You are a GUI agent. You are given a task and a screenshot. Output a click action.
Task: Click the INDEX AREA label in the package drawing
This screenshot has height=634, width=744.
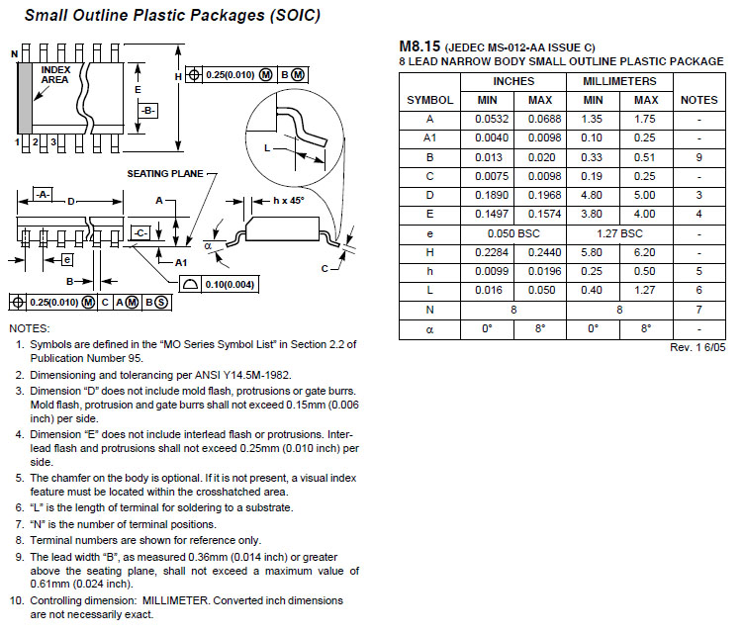coord(55,75)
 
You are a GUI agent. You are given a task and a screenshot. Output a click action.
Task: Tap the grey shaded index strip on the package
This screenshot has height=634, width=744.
coord(25,98)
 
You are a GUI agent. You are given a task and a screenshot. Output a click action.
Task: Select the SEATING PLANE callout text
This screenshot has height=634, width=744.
coord(165,174)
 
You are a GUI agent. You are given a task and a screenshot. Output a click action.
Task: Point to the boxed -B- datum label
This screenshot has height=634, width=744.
coord(148,111)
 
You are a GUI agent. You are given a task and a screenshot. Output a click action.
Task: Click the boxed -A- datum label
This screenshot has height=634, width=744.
coord(44,195)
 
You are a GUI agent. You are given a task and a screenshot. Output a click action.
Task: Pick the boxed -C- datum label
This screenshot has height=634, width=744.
coord(139,233)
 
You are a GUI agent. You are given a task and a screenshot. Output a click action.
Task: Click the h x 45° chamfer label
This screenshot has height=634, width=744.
coord(289,201)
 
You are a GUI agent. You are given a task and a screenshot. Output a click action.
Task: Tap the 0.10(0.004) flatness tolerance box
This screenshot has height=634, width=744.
coord(220,285)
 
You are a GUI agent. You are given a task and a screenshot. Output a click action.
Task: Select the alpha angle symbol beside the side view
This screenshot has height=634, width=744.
coord(208,245)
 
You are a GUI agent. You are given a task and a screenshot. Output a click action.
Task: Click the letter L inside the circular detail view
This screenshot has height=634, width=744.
coord(267,148)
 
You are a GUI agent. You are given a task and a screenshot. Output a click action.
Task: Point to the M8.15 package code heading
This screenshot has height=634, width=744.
coord(419,46)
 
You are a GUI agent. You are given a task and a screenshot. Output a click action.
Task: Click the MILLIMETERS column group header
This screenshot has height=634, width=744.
coord(619,81)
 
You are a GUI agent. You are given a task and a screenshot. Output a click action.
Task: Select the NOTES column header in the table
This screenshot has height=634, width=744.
coord(698,100)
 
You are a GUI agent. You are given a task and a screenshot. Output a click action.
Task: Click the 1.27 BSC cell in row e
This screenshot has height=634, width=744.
coord(619,233)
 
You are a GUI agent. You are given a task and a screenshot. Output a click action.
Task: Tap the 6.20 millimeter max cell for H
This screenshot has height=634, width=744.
coord(645,253)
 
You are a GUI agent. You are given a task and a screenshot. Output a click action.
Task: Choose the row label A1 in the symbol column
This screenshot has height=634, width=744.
coord(430,138)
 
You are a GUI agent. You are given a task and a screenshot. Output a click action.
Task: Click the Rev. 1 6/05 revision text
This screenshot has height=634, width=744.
coord(697,347)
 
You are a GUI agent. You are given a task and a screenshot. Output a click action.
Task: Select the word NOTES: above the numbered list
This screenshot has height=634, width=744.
coord(30,328)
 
